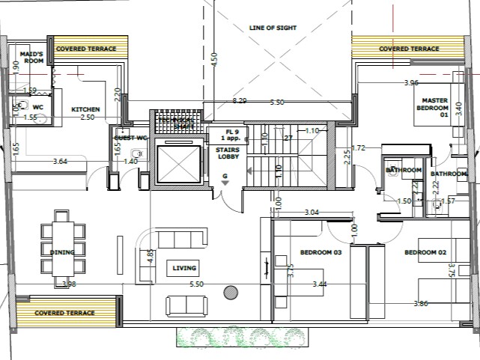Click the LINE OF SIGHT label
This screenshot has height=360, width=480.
coord(273,28)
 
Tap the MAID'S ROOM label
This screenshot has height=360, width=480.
coord(31,58)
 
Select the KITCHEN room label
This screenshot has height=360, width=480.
coord(85,110)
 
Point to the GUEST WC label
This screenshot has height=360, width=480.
coord(129,138)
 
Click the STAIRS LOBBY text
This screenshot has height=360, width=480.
coord(227,154)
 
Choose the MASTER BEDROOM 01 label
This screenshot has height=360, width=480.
coord(434,108)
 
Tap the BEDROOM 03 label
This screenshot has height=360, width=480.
coord(320,252)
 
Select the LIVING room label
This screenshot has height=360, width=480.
coord(184,268)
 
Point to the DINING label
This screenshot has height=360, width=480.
coord(62,252)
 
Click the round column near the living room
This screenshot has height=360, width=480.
coord(231,292)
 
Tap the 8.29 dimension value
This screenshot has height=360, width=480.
coord(240,100)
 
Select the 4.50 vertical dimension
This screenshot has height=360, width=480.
coord(214,60)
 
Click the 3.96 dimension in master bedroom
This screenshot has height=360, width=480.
coord(411,83)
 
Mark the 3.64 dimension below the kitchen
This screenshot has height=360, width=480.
coord(61,161)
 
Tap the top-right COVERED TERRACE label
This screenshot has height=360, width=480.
coord(409,49)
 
